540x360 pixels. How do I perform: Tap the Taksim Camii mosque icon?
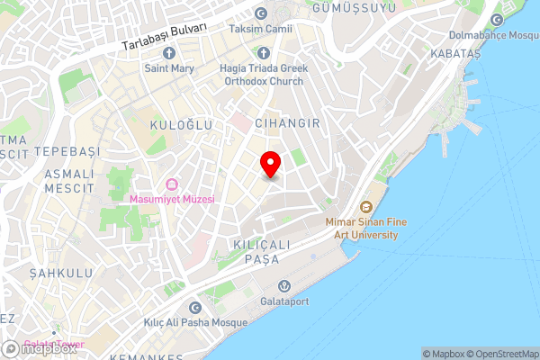click(x=261, y=14)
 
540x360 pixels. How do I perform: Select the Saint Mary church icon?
click(x=168, y=53)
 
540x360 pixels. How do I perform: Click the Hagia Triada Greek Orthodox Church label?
click(x=260, y=73)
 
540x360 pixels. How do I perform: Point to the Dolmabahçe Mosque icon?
click(x=497, y=21)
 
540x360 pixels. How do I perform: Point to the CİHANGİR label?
click(x=288, y=122)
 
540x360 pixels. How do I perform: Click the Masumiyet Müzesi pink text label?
click(x=171, y=199)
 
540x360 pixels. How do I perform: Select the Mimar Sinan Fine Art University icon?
click(x=366, y=206)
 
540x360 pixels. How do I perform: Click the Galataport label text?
click(x=284, y=301)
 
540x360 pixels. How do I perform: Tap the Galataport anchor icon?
click(x=284, y=285)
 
